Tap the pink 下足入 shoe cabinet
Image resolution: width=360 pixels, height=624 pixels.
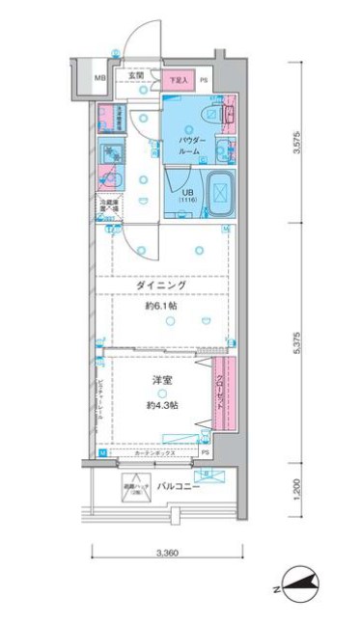(176, 81)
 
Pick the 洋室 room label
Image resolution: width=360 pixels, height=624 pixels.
(161, 381)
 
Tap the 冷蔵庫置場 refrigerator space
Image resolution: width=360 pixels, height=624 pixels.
(106, 206)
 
